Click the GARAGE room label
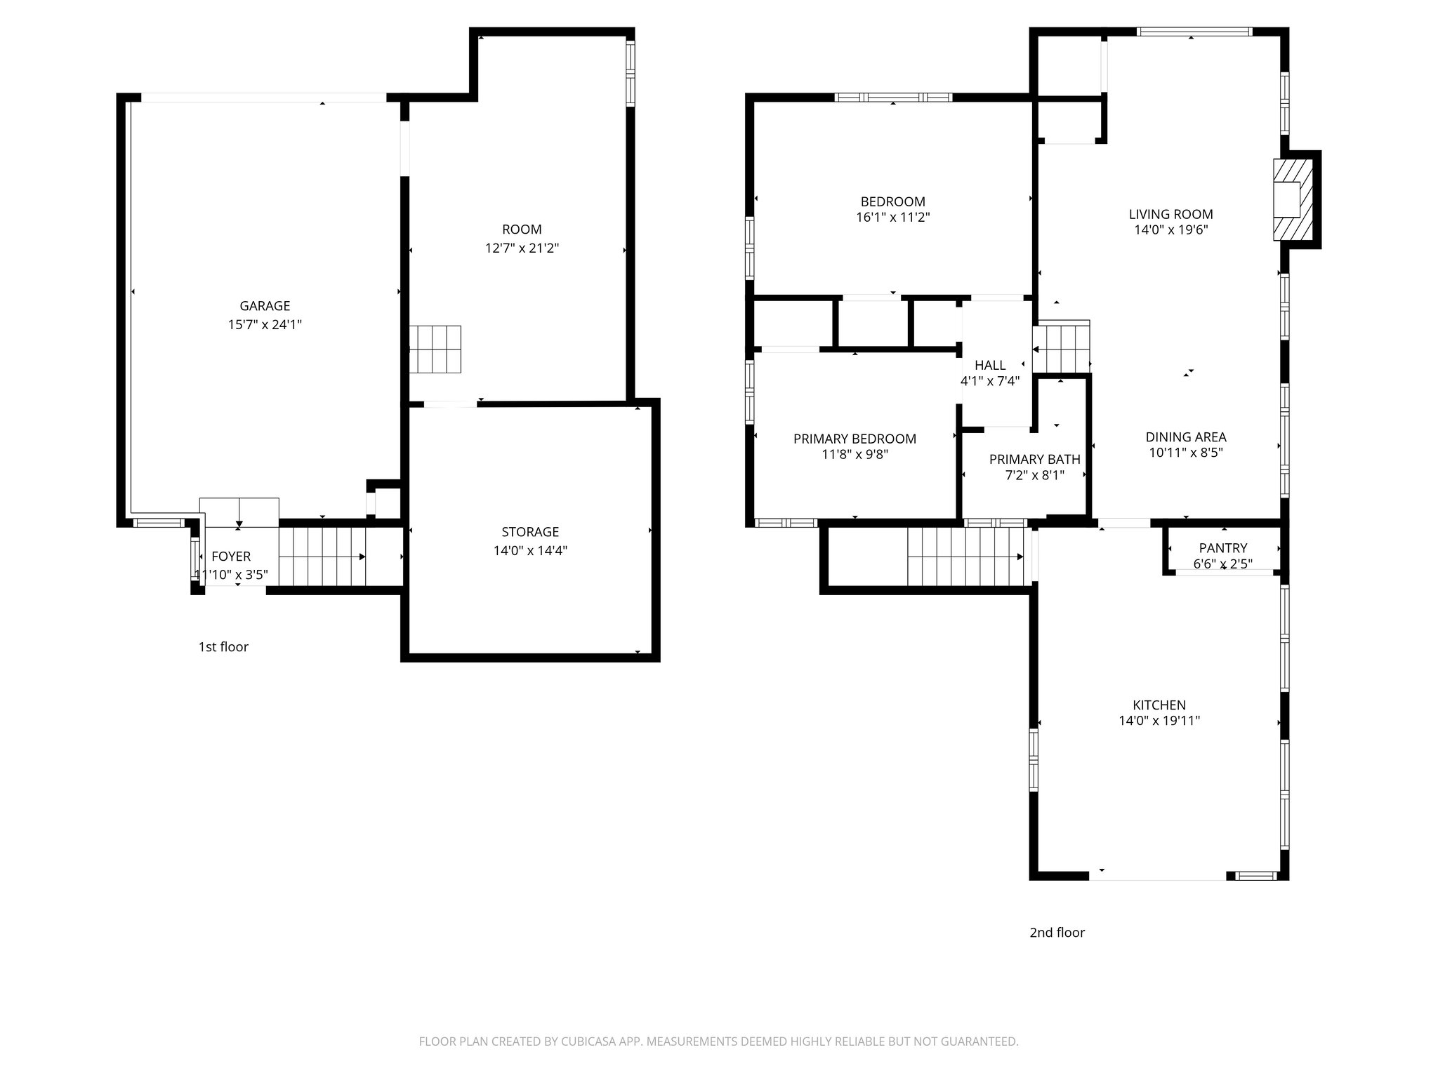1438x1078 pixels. tap(265, 306)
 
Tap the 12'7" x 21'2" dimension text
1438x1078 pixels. tap(522, 248)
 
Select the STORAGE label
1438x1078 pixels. tap(530, 532)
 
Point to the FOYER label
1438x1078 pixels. tap(231, 557)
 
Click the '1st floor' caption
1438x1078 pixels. tap(223, 647)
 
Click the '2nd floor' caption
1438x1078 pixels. tap(1057, 933)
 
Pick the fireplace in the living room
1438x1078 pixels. tap(1293, 200)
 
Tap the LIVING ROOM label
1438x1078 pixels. tap(1170, 215)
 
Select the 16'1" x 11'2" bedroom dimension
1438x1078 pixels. tap(893, 218)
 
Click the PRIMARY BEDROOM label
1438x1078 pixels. tap(855, 439)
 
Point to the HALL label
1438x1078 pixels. tap(990, 366)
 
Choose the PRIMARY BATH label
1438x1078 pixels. tap(1035, 460)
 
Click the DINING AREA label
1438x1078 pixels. tap(1186, 437)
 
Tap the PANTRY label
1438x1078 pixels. tap(1223, 548)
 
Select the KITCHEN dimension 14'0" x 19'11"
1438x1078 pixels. tap(1159, 721)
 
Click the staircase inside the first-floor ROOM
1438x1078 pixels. tap(435, 350)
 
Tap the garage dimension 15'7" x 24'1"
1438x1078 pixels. tap(265, 325)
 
